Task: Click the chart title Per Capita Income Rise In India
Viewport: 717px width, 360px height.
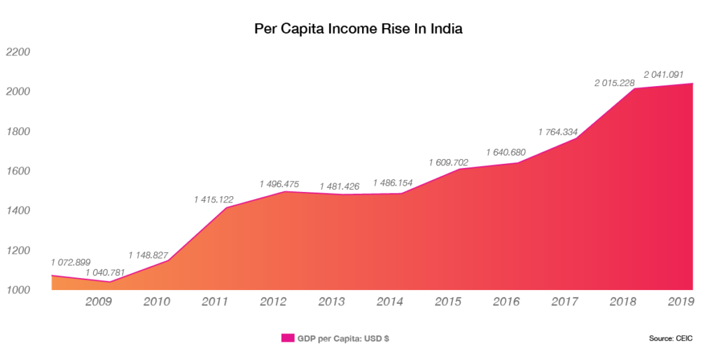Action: pyautogui.click(x=358, y=29)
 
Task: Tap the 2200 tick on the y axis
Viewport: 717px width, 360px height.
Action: pyautogui.click(x=19, y=53)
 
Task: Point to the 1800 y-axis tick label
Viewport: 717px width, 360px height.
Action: pyautogui.click(x=19, y=132)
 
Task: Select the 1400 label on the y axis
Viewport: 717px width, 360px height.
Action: pyautogui.click(x=19, y=211)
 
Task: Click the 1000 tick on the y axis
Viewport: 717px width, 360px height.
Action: pyautogui.click(x=19, y=290)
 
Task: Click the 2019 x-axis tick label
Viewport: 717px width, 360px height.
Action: pyautogui.click(x=681, y=302)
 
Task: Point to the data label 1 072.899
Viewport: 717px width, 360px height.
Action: pyautogui.click(x=71, y=262)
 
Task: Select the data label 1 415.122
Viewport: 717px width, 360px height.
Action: pyautogui.click(x=214, y=200)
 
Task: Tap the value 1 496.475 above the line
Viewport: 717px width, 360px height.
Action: pyautogui.click(x=279, y=184)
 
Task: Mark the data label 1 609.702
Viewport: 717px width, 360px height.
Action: pyautogui.click(x=449, y=162)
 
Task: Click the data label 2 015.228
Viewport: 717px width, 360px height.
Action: pyautogui.click(x=614, y=83)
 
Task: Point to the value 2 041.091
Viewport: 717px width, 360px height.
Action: pyautogui.click(x=664, y=74)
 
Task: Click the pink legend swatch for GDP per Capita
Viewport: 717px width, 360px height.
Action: pyautogui.click(x=287, y=338)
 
